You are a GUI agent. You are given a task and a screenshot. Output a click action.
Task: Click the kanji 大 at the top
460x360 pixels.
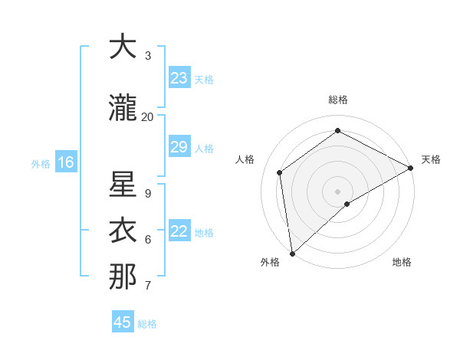pos(123,47)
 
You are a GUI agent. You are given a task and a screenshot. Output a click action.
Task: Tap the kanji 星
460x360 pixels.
pos(123,185)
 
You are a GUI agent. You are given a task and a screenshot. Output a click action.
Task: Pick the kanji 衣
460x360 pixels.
pos(123,231)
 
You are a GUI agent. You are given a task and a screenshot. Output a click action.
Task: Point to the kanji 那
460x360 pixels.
pos(123,277)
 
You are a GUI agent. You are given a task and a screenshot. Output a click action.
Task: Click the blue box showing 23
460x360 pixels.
pos(179,78)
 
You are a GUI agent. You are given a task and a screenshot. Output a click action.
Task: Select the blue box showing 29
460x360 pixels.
pos(179,147)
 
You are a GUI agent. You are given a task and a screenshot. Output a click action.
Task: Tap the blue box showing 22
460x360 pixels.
pos(179,231)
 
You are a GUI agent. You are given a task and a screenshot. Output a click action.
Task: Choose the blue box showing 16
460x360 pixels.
pos(66,162)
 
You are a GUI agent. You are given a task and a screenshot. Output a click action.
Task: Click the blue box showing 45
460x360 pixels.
pos(123,322)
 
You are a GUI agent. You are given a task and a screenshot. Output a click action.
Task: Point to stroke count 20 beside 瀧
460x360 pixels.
pos(147,117)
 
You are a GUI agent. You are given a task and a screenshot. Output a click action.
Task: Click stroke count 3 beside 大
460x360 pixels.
pos(148,56)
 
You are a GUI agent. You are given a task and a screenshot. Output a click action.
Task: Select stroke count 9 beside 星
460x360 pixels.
pos(148,194)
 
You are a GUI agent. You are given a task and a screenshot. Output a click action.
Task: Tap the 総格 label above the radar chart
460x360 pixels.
pos(338,100)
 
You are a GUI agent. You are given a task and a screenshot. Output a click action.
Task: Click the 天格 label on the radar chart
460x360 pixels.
pos(431,159)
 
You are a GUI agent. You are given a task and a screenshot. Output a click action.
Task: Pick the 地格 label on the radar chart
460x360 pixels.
pos(402,262)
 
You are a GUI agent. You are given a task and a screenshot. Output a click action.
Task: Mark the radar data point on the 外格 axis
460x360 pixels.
pos(291,254)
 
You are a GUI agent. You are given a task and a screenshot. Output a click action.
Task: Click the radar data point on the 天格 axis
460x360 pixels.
pos(411,169)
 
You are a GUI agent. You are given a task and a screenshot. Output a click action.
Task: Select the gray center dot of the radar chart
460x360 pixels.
pos(337,191)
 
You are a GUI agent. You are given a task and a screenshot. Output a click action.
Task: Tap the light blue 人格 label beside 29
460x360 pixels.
pos(204,148)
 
